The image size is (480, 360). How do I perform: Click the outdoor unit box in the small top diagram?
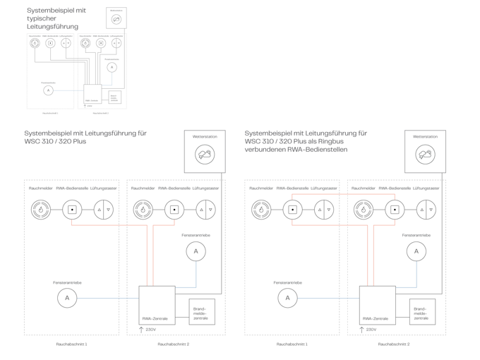click(116, 18)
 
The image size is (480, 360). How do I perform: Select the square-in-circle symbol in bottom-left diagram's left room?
click(72, 210)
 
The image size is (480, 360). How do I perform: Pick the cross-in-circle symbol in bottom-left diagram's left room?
click(103, 210)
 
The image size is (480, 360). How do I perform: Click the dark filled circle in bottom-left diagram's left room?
click(40, 210)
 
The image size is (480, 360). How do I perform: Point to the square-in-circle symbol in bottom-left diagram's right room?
click(174, 210)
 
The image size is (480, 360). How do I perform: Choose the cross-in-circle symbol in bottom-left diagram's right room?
click(205, 210)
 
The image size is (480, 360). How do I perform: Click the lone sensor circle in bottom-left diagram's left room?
click(67, 298)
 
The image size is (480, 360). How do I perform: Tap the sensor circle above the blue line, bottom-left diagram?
click(196, 251)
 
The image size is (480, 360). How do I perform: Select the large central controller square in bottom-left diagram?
click(156, 304)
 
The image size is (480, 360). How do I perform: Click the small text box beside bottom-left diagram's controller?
click(202, 311)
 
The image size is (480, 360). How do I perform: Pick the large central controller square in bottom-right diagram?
click(377, 304)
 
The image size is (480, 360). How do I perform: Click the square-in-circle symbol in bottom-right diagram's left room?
click(292, 210)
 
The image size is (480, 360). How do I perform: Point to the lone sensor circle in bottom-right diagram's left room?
click(288, 298)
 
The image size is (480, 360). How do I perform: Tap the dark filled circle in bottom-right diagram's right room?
click(363, 210)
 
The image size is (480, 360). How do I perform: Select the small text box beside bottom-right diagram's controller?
click(422, 311)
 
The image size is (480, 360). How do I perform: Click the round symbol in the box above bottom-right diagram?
click(425, 153)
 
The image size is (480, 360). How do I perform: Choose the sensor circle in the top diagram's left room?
click(48, 90)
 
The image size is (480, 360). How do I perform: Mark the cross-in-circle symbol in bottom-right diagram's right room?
click(426, 210)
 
